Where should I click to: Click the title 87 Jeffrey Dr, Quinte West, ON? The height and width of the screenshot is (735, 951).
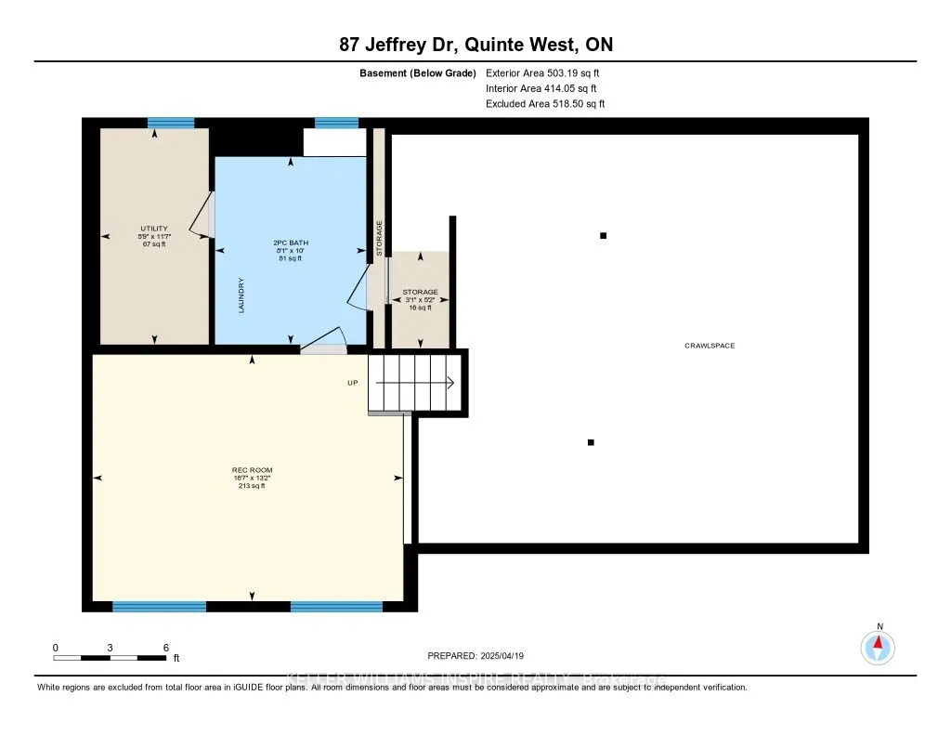(475, 45)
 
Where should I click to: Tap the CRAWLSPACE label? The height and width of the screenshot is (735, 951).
(710, 346)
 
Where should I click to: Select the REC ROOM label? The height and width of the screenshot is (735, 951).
(252, 470)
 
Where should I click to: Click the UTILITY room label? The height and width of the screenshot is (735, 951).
(153, 229)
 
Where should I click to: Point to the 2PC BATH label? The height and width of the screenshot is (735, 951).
(291, 242)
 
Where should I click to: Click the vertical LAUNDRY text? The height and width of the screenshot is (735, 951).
(241, 295)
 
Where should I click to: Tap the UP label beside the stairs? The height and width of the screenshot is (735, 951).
(353, 382)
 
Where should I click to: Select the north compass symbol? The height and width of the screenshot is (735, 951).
(879, 647)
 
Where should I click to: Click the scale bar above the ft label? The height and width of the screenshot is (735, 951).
(110, 658)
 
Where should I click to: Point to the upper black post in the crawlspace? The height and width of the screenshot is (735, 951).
(603, 236)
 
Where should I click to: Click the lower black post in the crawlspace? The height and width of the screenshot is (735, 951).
(591, 442)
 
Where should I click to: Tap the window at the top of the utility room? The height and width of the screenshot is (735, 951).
(171, 123)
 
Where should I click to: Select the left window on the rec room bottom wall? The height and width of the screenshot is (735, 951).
(159, 607)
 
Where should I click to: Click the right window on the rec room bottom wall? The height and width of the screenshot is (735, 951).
(336, 607)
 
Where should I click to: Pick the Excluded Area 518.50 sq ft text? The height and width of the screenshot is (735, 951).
(545, 104)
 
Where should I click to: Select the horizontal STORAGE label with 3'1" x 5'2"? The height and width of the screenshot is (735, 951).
(420, 292)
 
